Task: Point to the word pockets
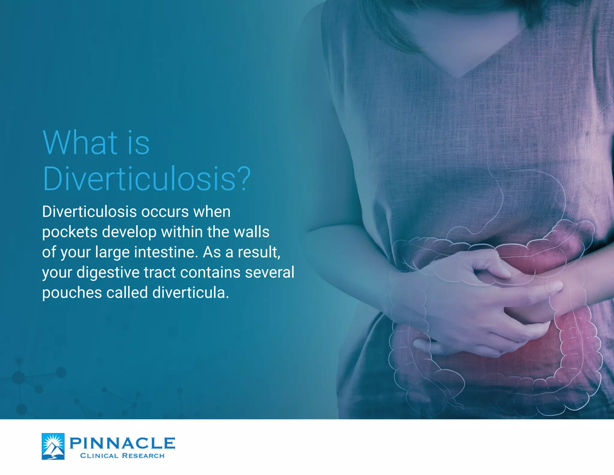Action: click(x=70, y=232)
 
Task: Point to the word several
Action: click(x=270, y=273)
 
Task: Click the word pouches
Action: click(x=72, y=293)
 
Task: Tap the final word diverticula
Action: click(x=190, y=293)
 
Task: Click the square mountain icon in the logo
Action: click(x=53, y=446)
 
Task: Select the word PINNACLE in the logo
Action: click(x=122, y=443)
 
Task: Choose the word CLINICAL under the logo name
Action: click(x=99, y=456)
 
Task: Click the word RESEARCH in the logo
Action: click(x=143, y=456)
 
